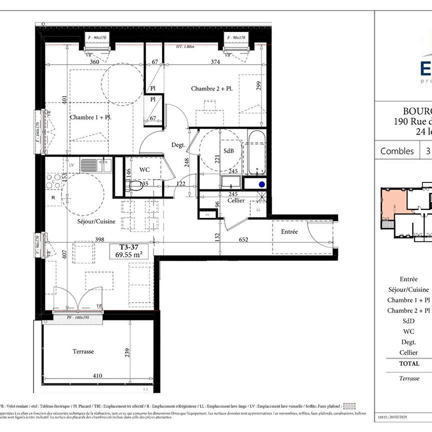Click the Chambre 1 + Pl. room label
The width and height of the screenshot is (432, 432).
pyautogui.click(x=90, y=117)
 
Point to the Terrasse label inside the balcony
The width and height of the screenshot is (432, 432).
pyautogui.click(x=83, y=351)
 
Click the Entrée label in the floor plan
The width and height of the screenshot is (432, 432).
pyautogui.click(x=289, y=231)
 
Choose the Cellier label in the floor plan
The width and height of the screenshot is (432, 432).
pyautogui.click(x=235, y=200)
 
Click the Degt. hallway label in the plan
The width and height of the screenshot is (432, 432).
pyautogui.click(x=178, y=145)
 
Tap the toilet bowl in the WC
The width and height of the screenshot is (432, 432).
pyautogui.click(x=133, y=186)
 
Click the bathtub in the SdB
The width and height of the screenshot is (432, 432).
pyautogui.click(x=258, y=152)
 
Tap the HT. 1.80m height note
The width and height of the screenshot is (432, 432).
pyautogui.click(x=185, y=47)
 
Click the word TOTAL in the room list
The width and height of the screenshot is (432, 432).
pyautogui.click(x=409, y=363)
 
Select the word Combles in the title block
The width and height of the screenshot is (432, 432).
pyautogui.click(x=397, y=151)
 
